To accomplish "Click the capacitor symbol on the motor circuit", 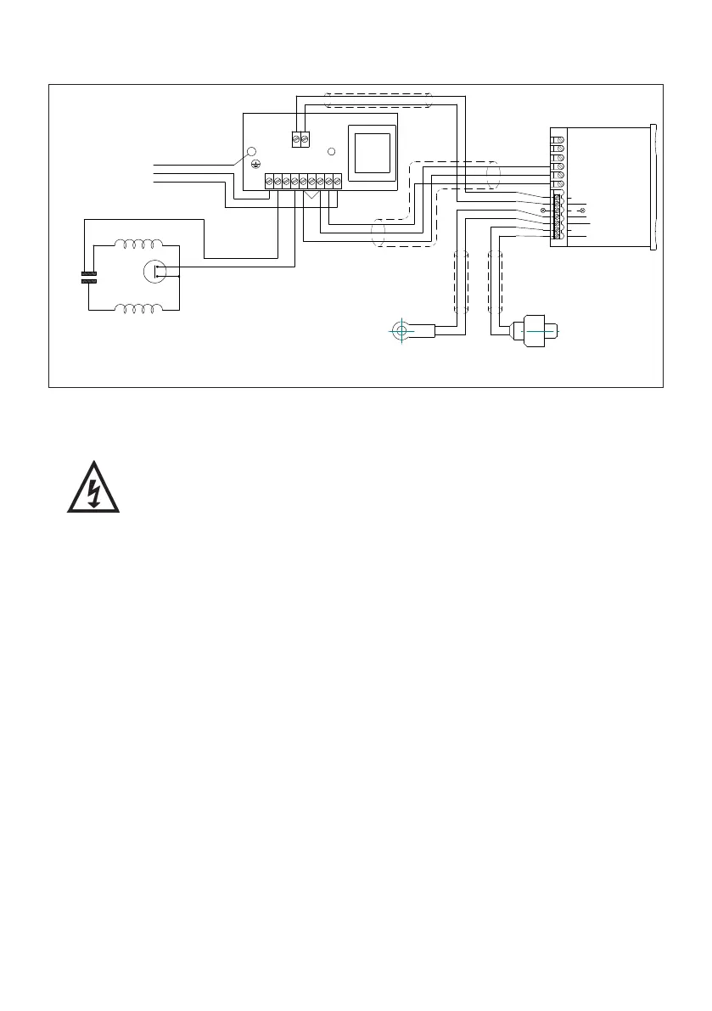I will click(88, 277).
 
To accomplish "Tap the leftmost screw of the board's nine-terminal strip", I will click(269, 181).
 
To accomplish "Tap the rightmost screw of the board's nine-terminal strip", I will click(337, 181).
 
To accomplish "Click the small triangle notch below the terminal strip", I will click(311, 195).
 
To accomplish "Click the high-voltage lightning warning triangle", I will click(94, 488).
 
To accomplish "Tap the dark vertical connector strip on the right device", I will click(557, 216).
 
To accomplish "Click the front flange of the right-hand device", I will click(655, 187).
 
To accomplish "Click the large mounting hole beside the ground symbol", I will click(251, 153).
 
